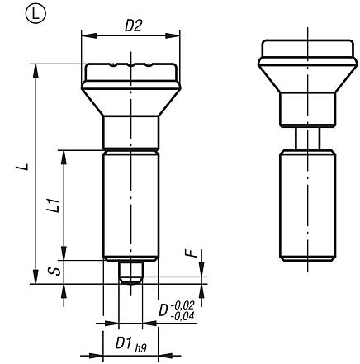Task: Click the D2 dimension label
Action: click(x=131, y=26)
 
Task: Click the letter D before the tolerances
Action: click(x=163, y=310)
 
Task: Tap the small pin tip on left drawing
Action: click(x=130, y=272)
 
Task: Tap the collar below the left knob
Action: click(x=130, y=130)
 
